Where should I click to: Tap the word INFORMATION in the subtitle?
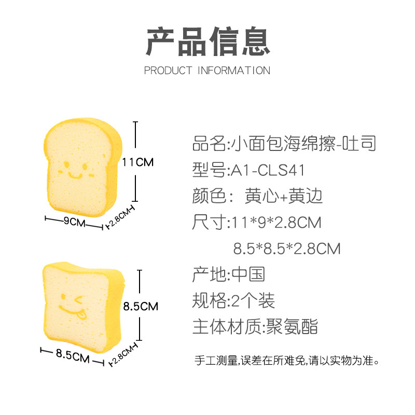coord(234,71)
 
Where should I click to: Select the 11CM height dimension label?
coord(138,162)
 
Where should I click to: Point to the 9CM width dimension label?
coord(74,222)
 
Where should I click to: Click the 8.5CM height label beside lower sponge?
coord(141,306)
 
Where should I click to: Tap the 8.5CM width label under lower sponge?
coord(72,355)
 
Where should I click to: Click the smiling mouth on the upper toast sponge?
coord(76,175)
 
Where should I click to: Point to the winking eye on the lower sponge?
coord(79,299)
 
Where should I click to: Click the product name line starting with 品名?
coord(284,143)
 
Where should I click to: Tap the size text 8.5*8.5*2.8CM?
coord(287,248)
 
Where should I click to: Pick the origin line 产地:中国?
coord(229,273)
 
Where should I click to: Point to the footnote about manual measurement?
coord(287,359)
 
